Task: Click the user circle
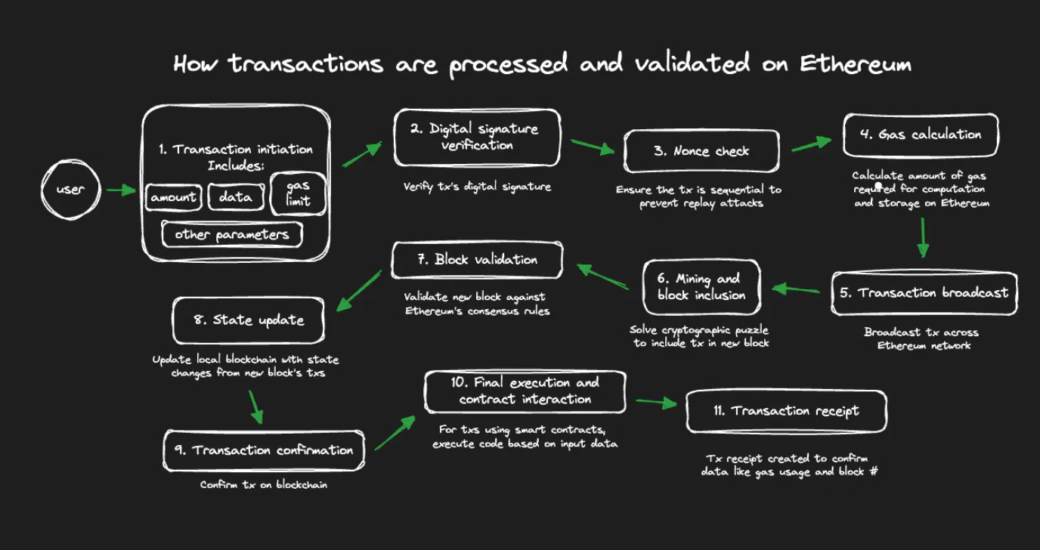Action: pos(70,189)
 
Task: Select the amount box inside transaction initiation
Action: pos(174,198)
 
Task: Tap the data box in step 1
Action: pos(236,198)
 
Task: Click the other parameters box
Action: pos(232,234)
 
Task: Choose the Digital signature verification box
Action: pos(477,137)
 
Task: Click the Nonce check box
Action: pos(701,151)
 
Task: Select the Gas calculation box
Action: pos(920,135)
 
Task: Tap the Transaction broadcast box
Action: pos(924,293)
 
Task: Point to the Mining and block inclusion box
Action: pos(701,287)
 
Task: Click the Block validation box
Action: pos(477,260)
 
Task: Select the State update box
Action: pos(249,320)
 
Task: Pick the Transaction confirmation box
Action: pos(264,450)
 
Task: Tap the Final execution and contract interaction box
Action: pos(525,391)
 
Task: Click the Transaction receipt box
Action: pos(786,412)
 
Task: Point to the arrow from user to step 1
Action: pos(121,190)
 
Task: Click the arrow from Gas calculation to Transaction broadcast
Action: pos(922,239)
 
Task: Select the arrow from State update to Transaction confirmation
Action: pos(255,406)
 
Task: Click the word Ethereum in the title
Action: pos(855,64)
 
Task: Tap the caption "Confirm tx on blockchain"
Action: pos(264,485)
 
